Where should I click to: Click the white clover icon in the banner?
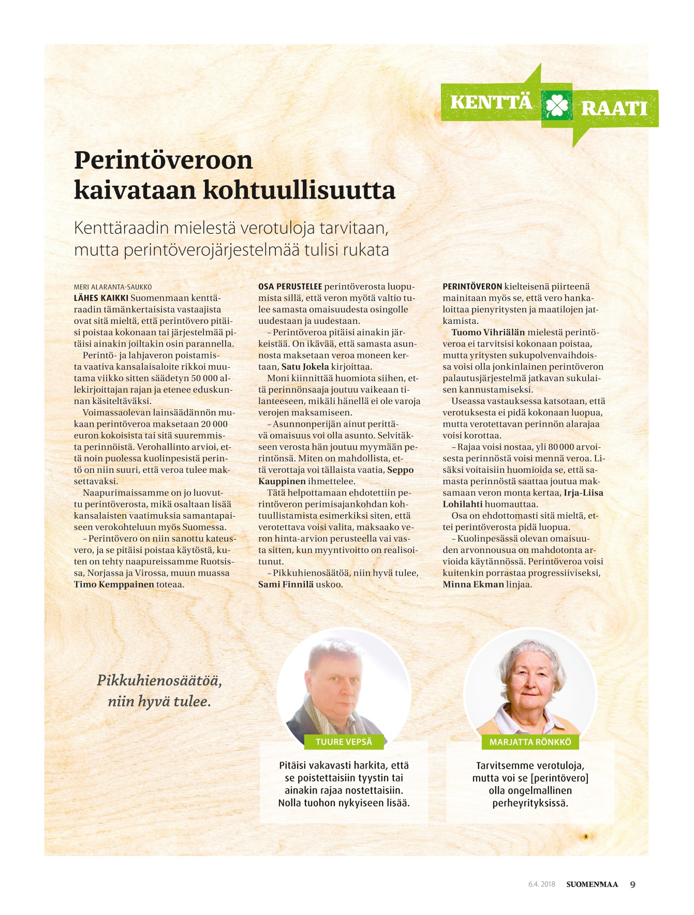coord(556,106)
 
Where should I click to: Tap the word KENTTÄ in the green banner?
coord(491,102)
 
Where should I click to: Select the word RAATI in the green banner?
coord(614,109)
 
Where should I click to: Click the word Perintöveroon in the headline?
coord(163,160)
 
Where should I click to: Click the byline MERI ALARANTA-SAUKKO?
coord(113,287)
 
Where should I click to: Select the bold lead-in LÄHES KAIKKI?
coord(101,298)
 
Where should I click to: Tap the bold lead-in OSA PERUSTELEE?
coord(290,287)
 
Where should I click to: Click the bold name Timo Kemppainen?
coord(114,584)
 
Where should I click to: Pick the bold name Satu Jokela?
coord(305,367)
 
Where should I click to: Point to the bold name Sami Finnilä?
coord(286,584)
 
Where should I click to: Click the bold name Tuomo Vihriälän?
coord(488,333)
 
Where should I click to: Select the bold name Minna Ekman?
coord(473,584)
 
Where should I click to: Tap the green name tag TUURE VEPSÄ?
coord(344,742)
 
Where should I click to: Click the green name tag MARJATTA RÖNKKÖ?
coord(530,742)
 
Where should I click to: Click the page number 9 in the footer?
coord(632,884)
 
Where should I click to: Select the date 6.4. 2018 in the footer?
coord(541,884)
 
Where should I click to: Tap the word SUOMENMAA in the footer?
coord(592,884)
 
